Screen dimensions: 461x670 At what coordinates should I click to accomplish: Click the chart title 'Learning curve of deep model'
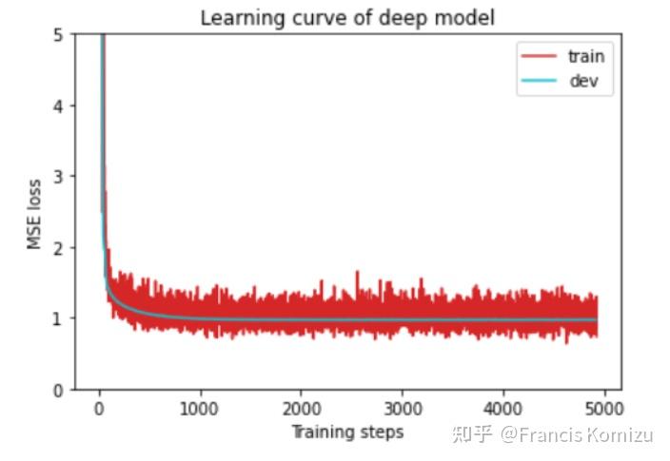coord(347,18)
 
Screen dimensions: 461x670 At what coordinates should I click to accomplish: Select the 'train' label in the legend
coord(585,56)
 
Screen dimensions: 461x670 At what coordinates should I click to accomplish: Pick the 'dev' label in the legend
coord(583,81)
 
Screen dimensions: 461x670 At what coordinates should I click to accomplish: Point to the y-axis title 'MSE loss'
coord(35,214)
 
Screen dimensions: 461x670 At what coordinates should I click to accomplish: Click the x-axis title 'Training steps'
coord(346,432)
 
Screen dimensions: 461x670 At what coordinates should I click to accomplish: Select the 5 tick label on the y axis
coord(58,35)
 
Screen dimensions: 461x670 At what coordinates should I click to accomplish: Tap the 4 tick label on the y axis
coord(58,106)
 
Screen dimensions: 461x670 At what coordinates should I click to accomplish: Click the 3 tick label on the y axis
coord(58,177)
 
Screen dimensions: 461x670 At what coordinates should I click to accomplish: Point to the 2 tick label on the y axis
coord(58,247)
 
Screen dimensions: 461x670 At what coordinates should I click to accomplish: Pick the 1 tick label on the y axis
coord(58,318)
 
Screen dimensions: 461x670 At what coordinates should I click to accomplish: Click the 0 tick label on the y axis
coord(58,389)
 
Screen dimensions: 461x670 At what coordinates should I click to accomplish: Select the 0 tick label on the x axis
coord(99,409)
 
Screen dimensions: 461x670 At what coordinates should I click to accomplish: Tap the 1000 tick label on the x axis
coord(200,409)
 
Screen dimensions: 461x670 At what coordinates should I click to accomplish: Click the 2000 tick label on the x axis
coord(301,409)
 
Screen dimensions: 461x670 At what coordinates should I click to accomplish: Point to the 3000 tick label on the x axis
coord(402,409)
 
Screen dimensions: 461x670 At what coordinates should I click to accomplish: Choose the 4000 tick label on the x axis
coord(502,409)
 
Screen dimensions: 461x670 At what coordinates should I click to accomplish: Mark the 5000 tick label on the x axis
coord(603,409)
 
